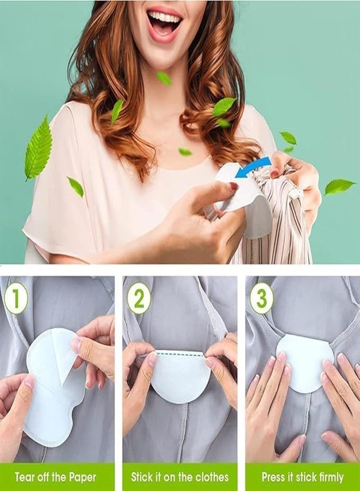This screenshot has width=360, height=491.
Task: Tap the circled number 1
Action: click(15, 298)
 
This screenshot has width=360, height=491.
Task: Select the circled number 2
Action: click(140, 298)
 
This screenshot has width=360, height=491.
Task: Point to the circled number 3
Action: click(262, 298)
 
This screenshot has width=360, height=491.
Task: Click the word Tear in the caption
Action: click(25, 477)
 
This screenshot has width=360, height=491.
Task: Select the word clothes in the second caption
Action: click(211, 477)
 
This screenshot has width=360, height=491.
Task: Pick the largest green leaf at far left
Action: click(39, 147)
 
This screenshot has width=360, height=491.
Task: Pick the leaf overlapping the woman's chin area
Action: click(164, 78)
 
